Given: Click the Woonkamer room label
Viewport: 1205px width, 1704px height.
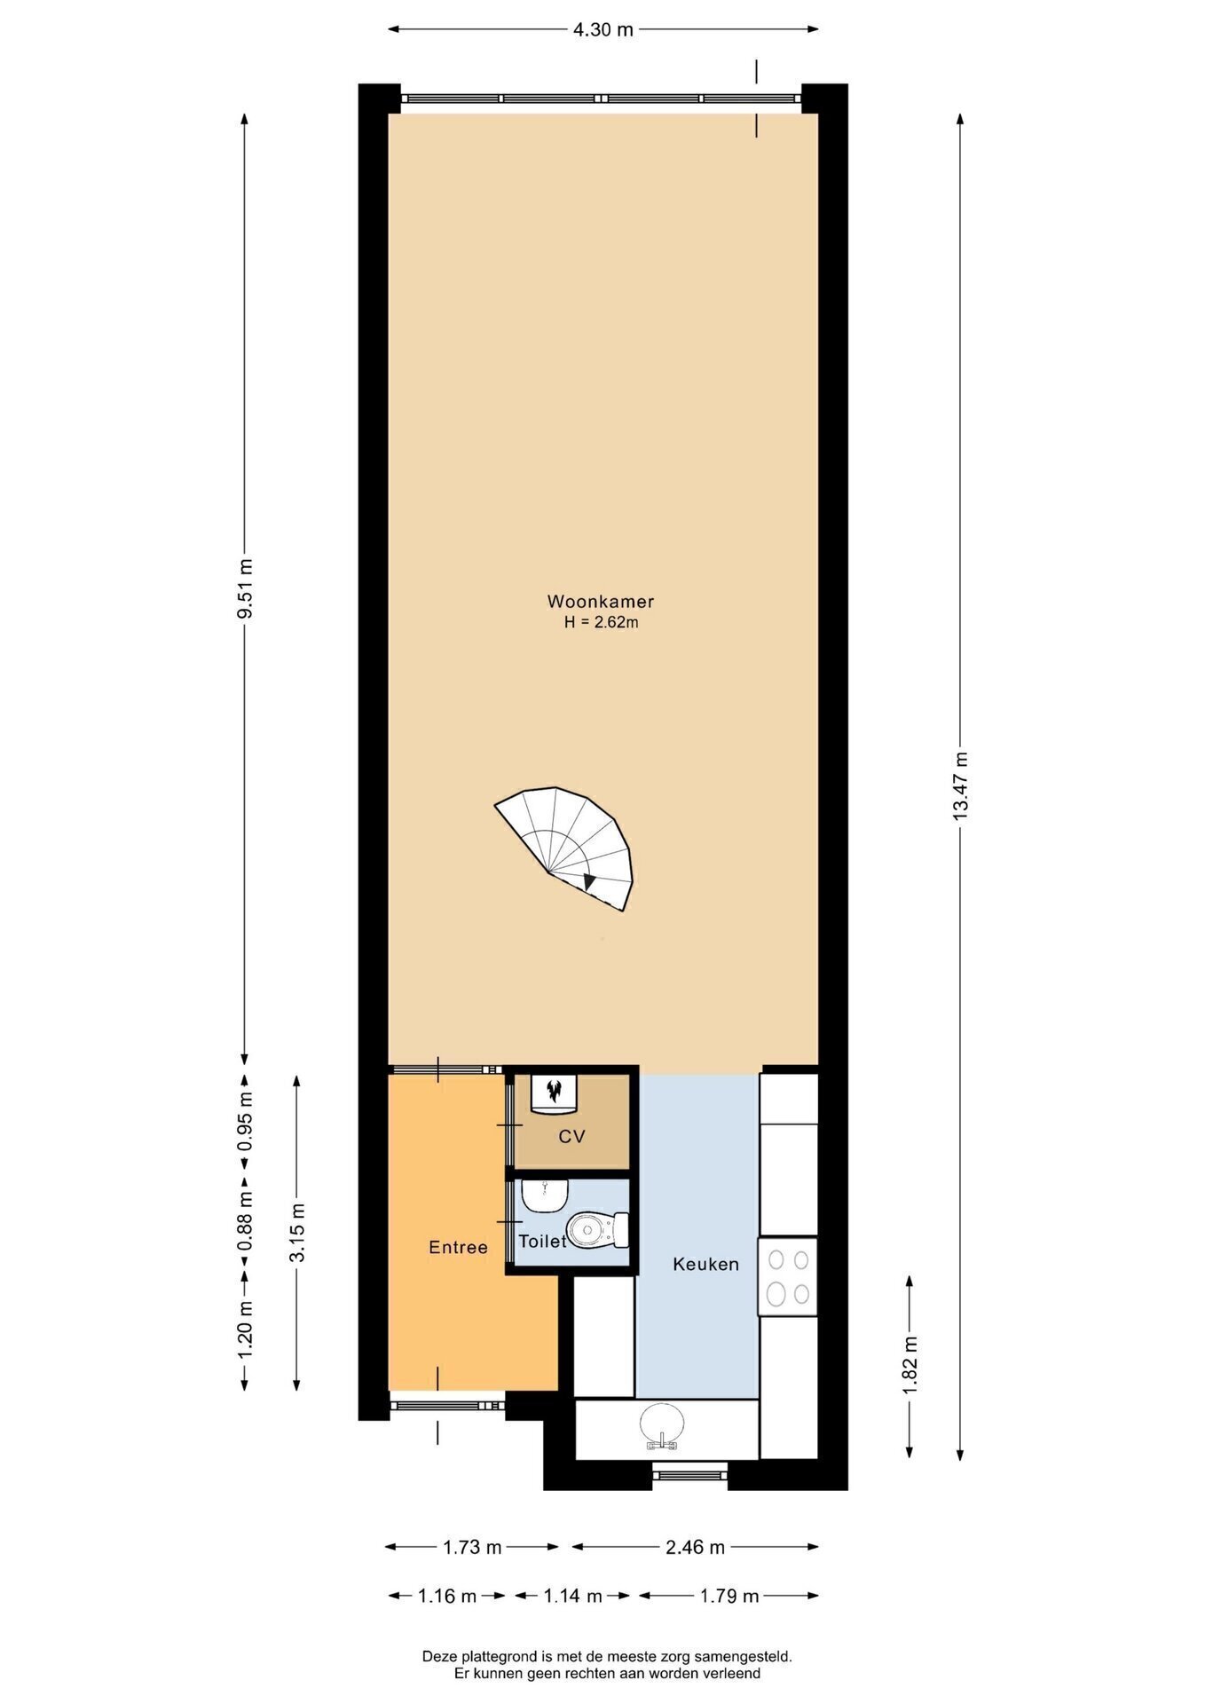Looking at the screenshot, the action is coord(600,602).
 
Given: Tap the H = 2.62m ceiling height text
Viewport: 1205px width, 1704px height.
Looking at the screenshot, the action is coord(601,622).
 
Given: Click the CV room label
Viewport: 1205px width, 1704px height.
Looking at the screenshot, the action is coord(571,1136).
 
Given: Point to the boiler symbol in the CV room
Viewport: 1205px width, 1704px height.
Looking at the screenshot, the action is coord(555,1093).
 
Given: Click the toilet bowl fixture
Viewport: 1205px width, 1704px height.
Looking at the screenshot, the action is coord(598,1229).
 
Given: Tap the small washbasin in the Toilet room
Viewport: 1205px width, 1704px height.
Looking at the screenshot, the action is coord(544,1195).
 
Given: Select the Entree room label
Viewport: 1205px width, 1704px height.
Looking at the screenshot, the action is coord(458,1247).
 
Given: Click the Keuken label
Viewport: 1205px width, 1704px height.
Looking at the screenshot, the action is coord(705,1264).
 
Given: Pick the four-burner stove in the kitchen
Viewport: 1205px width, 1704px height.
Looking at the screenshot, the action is coord(787,1276).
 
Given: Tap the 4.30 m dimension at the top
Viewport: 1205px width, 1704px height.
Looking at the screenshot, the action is coord(603,29).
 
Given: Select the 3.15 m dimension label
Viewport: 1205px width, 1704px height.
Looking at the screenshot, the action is coord(297,1232).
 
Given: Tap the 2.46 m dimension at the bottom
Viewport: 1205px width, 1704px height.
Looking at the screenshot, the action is coord(695,1547).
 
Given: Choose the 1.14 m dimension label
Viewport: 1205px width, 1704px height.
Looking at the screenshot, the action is coord(572,1596).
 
